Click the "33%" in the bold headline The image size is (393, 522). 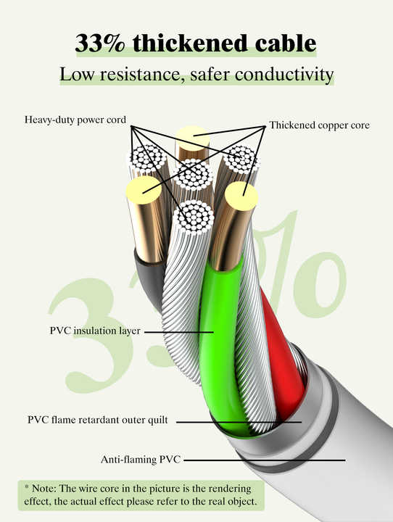pos(100,43)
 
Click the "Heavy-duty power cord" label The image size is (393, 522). pos(75,120)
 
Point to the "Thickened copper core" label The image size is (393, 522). pos(319,125)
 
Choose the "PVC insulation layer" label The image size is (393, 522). pos(95,331)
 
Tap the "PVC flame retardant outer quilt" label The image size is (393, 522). pos(98,420)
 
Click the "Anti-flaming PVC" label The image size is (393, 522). pos(141,460)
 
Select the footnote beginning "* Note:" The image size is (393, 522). pos(141,495)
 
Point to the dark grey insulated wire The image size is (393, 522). pos(150,280)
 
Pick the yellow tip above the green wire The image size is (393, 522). pos(241,196)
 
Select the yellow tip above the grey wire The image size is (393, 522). pos(144,190)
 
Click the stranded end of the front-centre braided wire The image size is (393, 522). pos(195,217)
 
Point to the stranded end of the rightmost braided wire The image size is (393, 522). pos(241,159)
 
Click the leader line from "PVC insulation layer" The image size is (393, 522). pos(179,332)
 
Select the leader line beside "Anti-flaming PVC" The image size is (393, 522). pos(265,460)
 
